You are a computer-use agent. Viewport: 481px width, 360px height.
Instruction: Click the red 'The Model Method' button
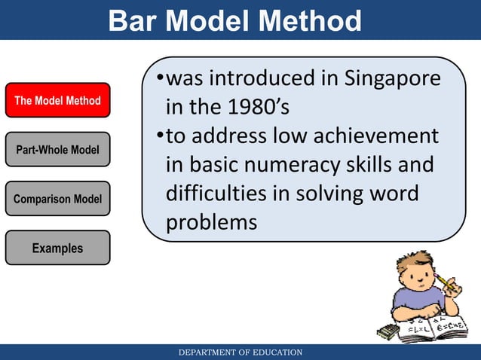[57, 100]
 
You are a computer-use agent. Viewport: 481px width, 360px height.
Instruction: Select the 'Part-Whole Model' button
[57, 150]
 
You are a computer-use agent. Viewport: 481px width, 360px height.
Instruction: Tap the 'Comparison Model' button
[57, 199]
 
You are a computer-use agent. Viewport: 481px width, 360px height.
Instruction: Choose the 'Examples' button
[57, 248]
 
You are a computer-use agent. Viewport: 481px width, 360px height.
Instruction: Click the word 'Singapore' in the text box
[392, 79]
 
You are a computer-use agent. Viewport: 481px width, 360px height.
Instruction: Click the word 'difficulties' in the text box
[216, 194]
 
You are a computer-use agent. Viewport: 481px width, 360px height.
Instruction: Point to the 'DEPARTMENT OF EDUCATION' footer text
[240, 352]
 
